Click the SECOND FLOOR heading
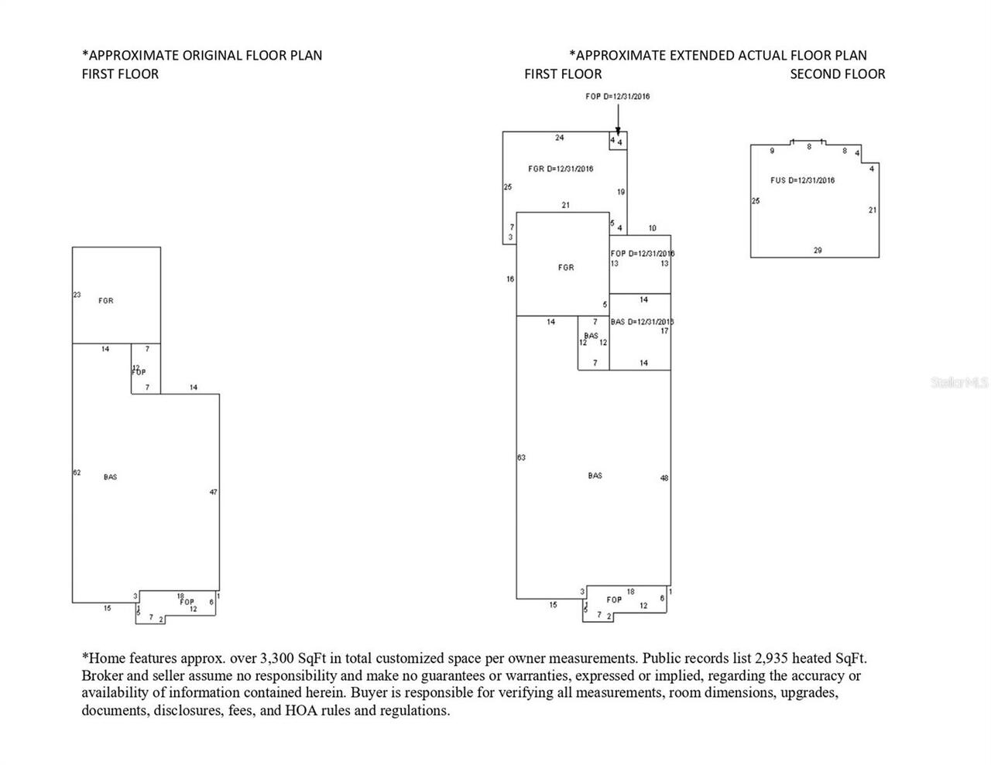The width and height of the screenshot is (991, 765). tap(837, 74)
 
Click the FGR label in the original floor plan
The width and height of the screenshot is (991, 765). tap(106, 301)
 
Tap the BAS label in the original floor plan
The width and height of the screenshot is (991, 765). tap(110, 477)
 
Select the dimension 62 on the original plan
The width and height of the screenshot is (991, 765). tap(77, 472)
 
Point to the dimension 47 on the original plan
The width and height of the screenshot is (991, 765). tap(214, 492)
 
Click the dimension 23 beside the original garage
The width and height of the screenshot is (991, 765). tap(77, 295)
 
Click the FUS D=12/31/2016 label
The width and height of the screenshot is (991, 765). tap(803, 180)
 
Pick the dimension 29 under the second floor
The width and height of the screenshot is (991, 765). tap(818, 251)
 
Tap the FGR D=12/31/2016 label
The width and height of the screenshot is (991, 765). tap(561, 169)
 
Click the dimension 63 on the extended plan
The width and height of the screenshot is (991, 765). tap(521, 458)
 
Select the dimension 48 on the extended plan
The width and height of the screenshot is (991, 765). tap(664, 478)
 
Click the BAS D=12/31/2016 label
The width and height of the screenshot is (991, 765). tap(642, 322)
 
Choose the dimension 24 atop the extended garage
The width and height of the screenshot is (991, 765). tap(559, 138)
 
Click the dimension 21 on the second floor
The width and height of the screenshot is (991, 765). tap(873, 210)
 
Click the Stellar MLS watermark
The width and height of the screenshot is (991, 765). tap(959, 382)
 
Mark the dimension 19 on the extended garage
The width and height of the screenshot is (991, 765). tap(621, 192)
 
